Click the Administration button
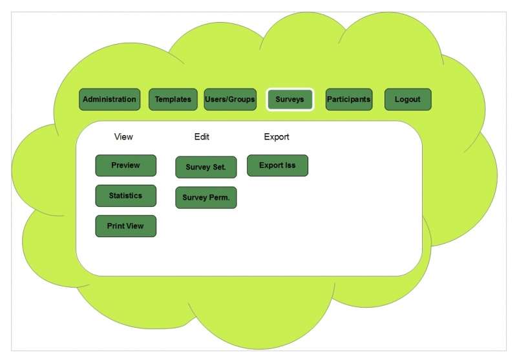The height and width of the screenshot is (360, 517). (109, 100)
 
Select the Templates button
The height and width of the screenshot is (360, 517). (173, 100)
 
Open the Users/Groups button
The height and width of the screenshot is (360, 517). (230, 100)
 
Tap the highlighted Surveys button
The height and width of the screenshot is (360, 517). (290, 100)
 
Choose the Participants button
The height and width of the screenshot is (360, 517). (348, 100)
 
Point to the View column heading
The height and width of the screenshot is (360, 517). (123, 137)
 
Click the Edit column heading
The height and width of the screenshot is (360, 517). (202, 137)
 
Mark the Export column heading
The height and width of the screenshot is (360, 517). (277, 137)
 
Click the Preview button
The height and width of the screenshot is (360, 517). (125, 165)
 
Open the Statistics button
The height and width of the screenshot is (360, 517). (125, 196)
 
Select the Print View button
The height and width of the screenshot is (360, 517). (125, 226)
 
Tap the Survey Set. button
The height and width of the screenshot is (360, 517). (206, 167)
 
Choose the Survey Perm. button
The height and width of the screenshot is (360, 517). (206, 198)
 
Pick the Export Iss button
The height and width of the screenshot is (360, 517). (277, 165)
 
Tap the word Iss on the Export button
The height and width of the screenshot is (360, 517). (290, 165)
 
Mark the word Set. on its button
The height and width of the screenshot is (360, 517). (219, 167)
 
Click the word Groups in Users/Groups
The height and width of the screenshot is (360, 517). (242, 100)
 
